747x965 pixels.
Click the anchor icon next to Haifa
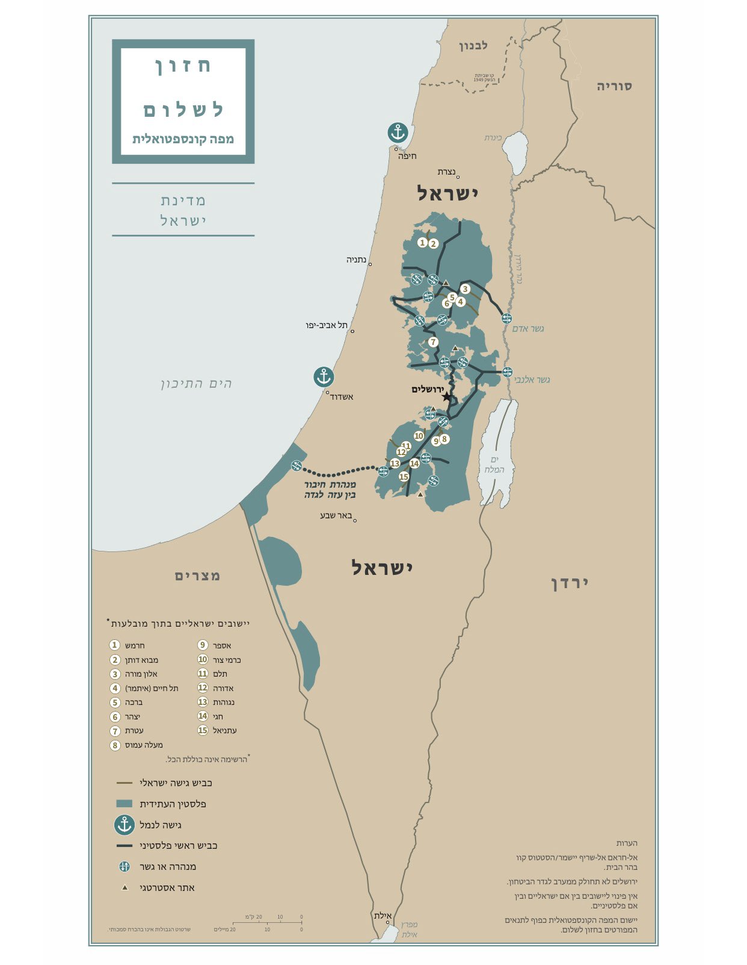coord(397,132)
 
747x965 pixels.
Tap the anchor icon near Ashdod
coord(324,377)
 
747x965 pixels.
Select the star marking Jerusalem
coord(446,397)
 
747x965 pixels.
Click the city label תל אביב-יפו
coord(326,325)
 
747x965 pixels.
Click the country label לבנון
coord(474,46)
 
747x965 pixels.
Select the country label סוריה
coord(614,86)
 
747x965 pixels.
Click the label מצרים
coord(198,576)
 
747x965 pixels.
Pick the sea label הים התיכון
coord(196,383)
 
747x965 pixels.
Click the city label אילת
coord(383,916)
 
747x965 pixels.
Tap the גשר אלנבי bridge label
coord(532,380)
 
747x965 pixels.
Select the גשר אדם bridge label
coord(528,329)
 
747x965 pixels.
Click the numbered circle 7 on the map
coord(433,342)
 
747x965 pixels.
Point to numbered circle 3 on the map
coord(465,289)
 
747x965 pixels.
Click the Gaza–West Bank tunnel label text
coord(330,489)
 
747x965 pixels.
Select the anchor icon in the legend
coord(124,825)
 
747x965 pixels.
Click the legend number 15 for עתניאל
coord(203,730)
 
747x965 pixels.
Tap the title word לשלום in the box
coord(183,110)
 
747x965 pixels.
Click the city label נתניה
coord(356,259)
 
